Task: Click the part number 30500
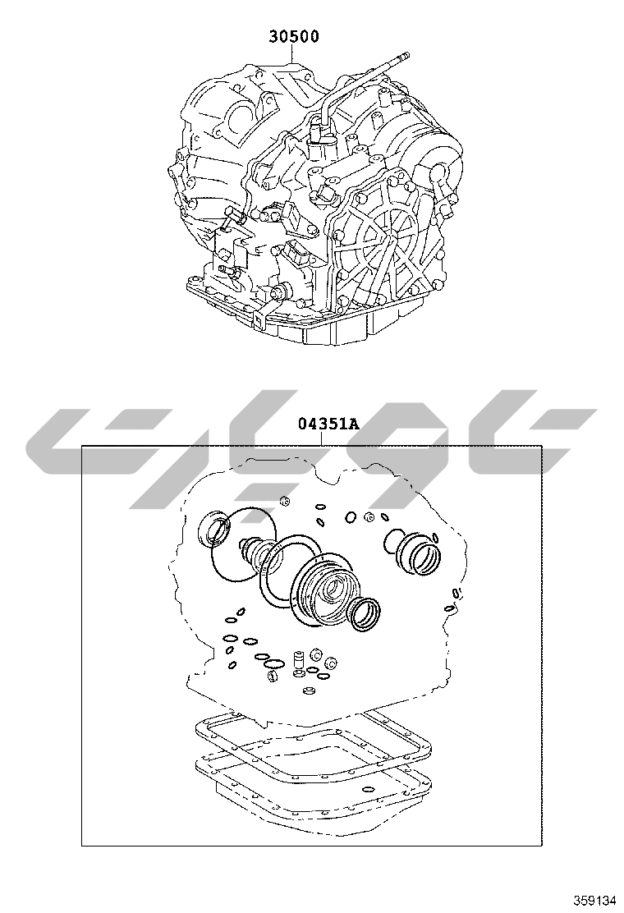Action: [294, 37]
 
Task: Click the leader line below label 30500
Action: [294, 55]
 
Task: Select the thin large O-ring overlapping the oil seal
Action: [241, 544]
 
